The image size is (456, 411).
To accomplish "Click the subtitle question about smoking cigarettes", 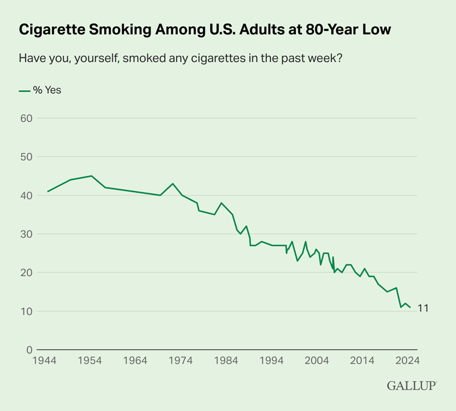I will coord(180,58).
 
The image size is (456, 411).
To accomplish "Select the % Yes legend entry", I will coord(40,90).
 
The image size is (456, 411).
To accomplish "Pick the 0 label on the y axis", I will coord(28,350).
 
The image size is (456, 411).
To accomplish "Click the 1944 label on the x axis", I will coord(47,361).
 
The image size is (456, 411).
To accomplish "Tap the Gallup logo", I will coord(412,386).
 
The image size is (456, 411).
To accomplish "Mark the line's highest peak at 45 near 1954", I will coord(92,176).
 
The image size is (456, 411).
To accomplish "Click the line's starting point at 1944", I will coord(47,192).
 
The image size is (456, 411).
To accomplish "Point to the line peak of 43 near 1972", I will coord(173,184).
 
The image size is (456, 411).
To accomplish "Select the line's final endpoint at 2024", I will coord(410,307).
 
